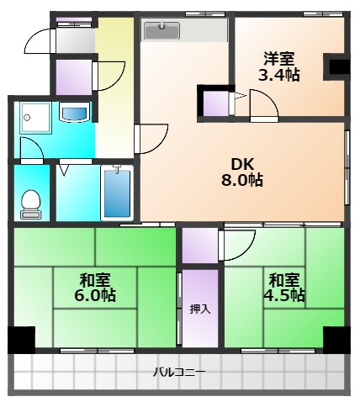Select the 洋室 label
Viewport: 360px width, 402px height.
coord(279,58)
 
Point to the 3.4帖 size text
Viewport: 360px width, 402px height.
coord(279,75)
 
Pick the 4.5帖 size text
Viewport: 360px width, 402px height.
coord(286,296)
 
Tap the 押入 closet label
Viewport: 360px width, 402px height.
coord(200,309)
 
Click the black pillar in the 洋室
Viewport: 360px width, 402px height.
coord(337,66)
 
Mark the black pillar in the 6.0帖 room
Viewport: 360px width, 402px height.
coord(21,339)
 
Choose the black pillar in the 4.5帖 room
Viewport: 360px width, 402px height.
coord(335,339)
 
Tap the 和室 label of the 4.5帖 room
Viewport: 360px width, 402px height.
coord(286,279)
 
